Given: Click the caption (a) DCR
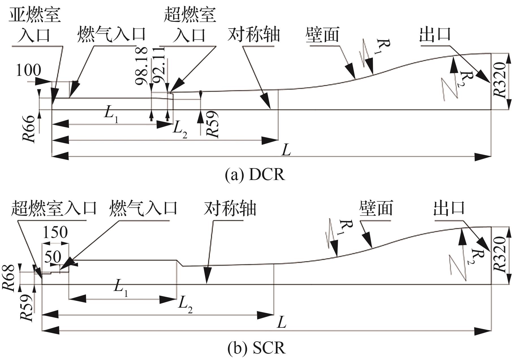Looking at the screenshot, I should (255, 175).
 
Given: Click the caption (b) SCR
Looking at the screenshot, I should (256, 348).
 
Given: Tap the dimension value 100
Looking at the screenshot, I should (28, 70).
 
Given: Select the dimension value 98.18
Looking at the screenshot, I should (141, 66).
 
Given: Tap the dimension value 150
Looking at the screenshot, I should (55, 232).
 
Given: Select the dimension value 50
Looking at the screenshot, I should (53, 257).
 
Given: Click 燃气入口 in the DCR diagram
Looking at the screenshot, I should (111, 34).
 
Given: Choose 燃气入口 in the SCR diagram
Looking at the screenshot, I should (143, 208).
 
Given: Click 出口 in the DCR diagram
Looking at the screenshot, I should (435, 34).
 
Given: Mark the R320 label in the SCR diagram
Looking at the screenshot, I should (500, 255).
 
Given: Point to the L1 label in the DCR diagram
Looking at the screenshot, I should (111, 114).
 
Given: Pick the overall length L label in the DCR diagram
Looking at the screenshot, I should (286, 151).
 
